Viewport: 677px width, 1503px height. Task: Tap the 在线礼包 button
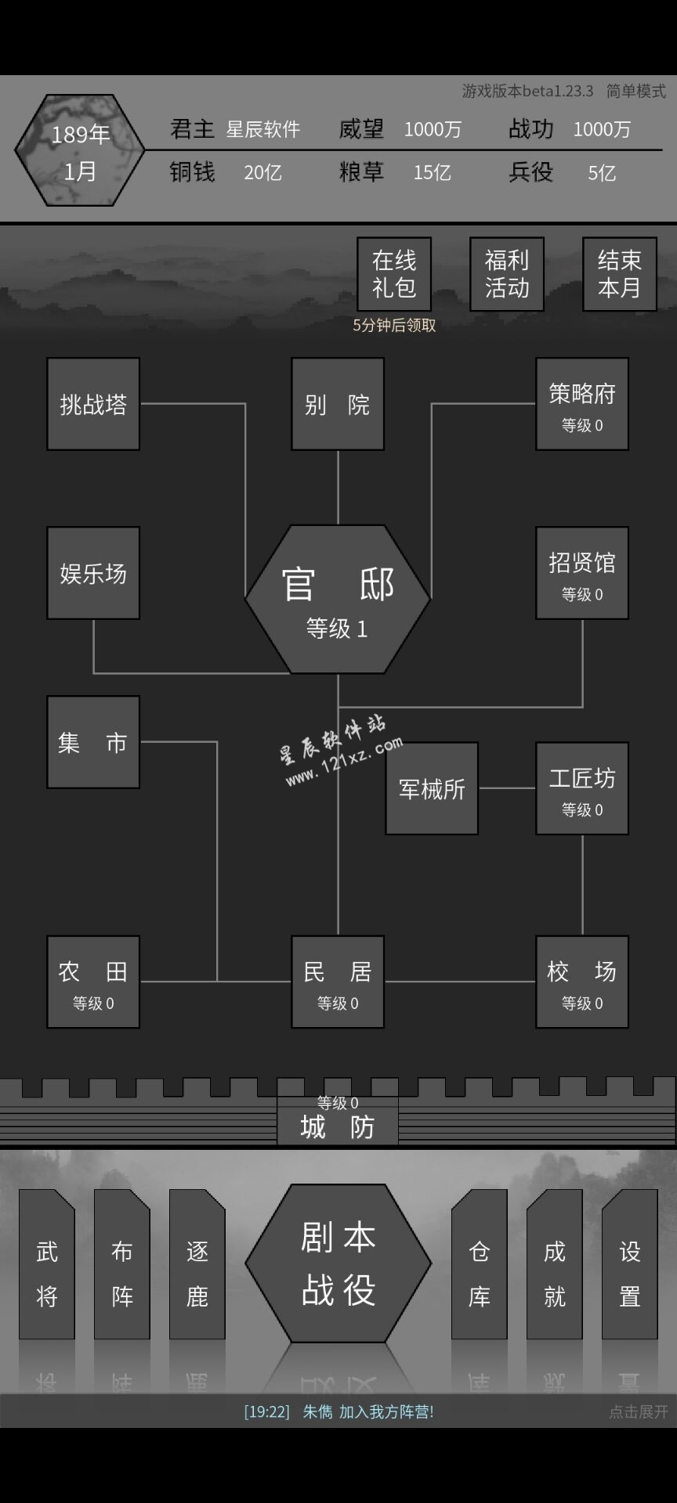pyautogui.click(x=394, y=274)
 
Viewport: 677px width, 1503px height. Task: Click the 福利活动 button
pyautogui.click(x=507, y=274)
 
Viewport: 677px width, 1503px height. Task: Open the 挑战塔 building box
pyautogui.click(x=93, y=404)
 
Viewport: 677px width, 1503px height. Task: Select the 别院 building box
pyautogui.click(x=338, y=404)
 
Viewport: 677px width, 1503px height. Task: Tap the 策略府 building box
pyautogui.click(x=582, y=404)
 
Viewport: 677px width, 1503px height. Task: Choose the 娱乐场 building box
pyautogui.click(x=93, y=573)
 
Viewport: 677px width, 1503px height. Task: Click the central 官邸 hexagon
pyautogui.click(x=338, y=600)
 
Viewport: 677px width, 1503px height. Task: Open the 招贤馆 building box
pyautogui.click(x=582, y=573)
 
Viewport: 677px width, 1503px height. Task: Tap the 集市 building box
pyautogui.click(x=93, y=742)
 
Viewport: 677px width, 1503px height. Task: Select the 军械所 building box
pyautogui.click(x=432, y=788)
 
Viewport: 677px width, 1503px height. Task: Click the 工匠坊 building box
pyautogui.click(x=582, y=788)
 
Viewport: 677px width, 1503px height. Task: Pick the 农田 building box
pyautogui.click(x=93, y=982)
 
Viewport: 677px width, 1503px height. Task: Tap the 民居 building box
pyautogui.click(x=338, y=982)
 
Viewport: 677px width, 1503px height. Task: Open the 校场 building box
pyautogui.click(x=582, y=982)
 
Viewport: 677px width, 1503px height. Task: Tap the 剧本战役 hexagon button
pyautogui.click(x=338, y=1263)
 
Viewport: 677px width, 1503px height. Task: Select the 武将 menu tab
pyautogui.click(x=47, y=1264)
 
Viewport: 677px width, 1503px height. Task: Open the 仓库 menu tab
pyautogui.click(x=480, y=1264)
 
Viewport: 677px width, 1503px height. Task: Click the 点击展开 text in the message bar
pyautogui.click(x=639, y=1411)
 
